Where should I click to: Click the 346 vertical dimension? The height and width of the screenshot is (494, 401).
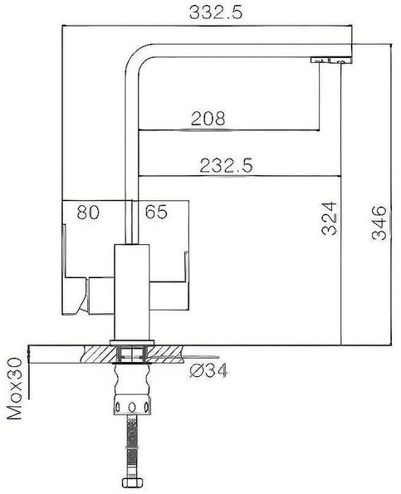coord(380,222)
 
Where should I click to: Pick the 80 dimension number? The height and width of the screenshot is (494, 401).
coord(87,212)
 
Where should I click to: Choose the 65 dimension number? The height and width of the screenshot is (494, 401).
coord(156,212)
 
